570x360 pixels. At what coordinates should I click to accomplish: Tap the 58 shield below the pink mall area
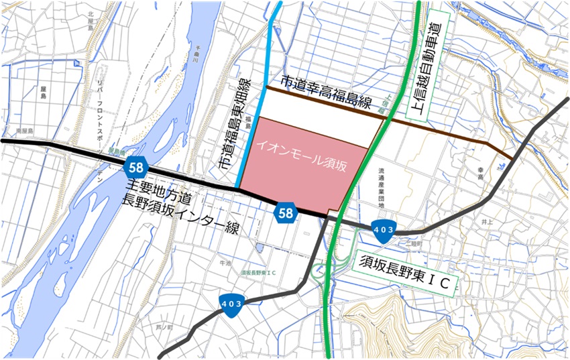pyautogui.click(x=286, y=213)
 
